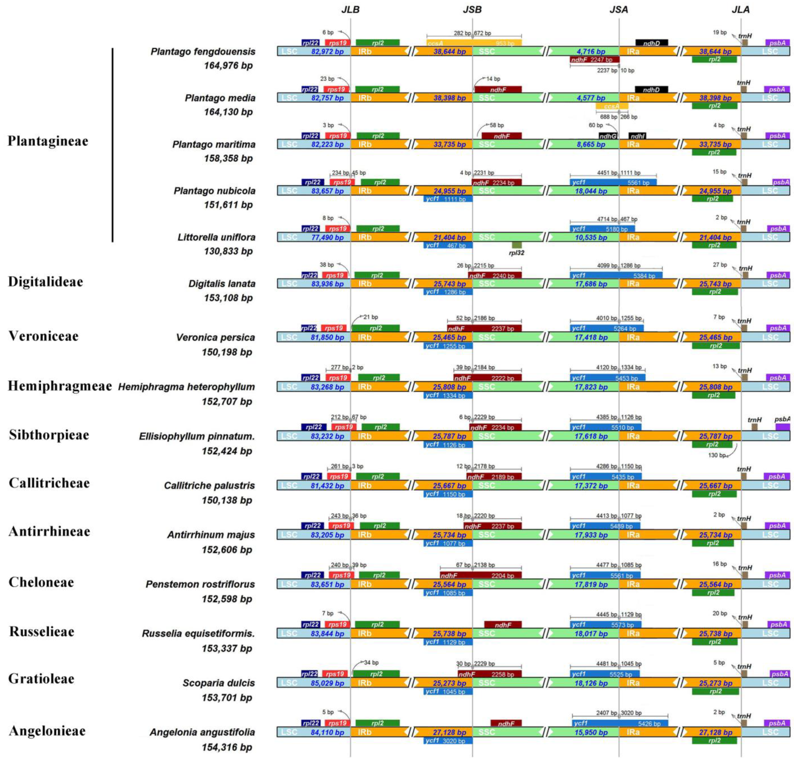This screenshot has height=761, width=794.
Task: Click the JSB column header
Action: click(x=472, y=10)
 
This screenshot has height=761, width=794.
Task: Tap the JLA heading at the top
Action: click(x=741, y=10)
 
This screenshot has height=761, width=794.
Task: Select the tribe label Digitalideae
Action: click(x=46, y=282)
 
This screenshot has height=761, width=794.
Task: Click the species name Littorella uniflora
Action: click(x=216, y=237)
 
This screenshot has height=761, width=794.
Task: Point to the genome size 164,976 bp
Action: click(x=228, y=65)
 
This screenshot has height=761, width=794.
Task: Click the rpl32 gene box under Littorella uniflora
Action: click(x=517, y=245)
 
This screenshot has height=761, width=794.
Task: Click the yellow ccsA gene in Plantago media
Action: click(x=612, y=106)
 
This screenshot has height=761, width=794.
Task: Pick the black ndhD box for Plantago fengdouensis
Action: click(x=651, y=43)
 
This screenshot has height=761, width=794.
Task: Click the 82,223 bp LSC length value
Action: click(x=327, y=144)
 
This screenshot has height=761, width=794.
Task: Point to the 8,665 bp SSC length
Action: click(x=591, y=144)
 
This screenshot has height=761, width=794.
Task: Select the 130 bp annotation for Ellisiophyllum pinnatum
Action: click(x=717, y=455)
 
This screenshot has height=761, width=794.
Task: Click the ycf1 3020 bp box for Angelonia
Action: click(x=448, y=741)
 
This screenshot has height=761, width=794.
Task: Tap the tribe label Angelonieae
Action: click(x=47, y=730)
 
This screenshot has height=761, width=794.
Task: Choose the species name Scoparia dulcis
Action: click(x=219, y=683)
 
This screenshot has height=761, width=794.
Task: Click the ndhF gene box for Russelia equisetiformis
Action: click(x=503, y=625)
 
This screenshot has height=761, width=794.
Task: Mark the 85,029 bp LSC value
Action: click(x=327, y=683)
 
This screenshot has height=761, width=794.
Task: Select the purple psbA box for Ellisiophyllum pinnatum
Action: click(x=782, y=427)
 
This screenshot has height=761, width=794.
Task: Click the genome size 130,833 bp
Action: click(x=228, y=251)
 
